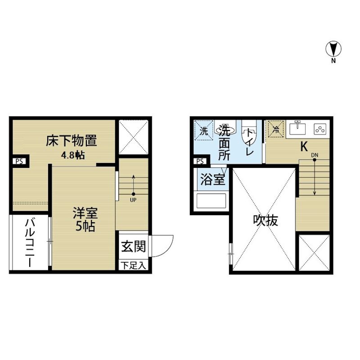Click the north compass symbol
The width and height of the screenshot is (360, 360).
333,49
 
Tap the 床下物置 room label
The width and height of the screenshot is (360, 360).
72,141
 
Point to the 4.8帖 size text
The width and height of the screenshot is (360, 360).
73,155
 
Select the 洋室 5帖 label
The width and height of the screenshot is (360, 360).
85,219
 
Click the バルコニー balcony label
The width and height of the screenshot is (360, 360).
30,243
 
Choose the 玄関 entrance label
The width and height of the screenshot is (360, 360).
133,246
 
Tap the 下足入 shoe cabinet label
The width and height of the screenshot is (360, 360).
133,265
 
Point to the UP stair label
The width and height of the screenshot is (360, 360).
133,200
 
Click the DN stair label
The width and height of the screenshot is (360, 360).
315,155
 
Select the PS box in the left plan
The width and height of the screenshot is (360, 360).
19,162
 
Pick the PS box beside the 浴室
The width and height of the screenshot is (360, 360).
200,162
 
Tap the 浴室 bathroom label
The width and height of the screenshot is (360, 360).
212,179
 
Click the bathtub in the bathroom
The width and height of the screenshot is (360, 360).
211,201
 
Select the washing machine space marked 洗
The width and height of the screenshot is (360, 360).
204,130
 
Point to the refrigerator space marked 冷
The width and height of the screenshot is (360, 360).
275,129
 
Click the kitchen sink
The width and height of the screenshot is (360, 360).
297,128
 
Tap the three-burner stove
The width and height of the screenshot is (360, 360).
320,129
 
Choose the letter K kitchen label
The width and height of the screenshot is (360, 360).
304,146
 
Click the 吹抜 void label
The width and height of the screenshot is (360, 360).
265,220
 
